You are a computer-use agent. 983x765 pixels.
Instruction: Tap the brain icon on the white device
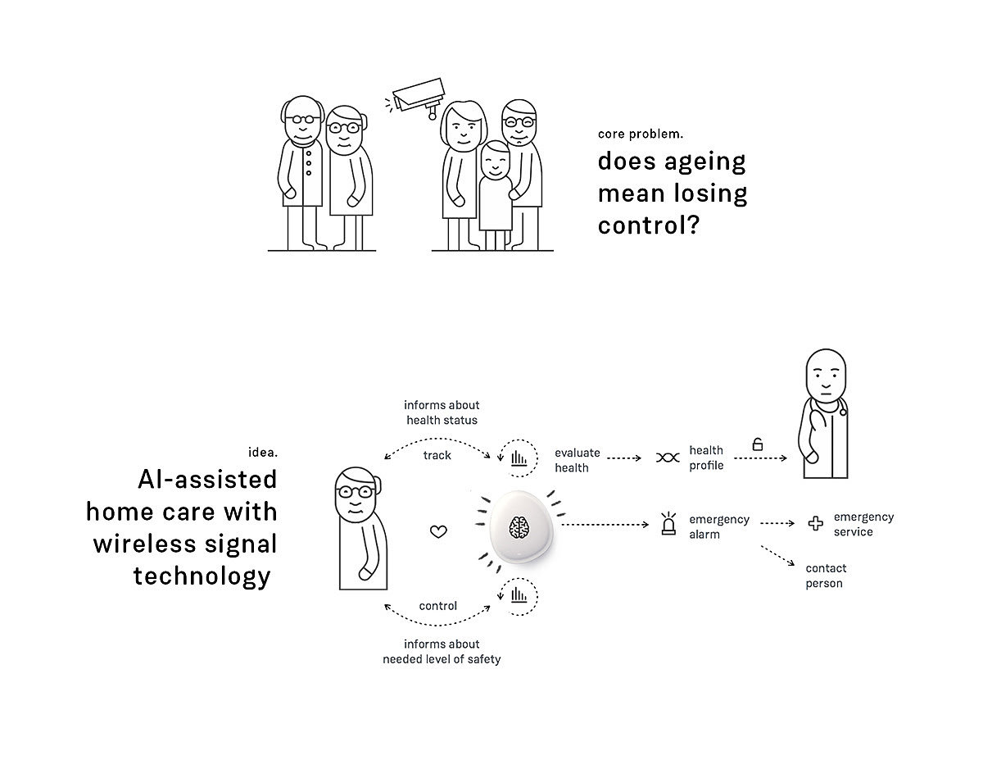coord(517,527)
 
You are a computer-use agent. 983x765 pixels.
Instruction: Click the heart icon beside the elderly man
coord(439,531)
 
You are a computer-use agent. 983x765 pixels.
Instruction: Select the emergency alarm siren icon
coord(668,526)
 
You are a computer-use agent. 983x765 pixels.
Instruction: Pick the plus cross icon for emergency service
coord(815,523)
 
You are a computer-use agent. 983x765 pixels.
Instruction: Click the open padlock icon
coord(758,444)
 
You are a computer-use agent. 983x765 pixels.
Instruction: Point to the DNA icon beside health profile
coord(668,458)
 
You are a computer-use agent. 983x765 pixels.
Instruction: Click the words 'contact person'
coord(826,576)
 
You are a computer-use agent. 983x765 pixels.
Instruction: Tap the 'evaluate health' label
coord(578,459)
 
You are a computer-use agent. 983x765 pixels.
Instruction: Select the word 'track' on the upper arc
coord(437,455)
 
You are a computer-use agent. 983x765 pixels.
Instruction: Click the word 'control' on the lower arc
coord(438,606)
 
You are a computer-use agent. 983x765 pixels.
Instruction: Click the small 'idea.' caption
coord(262,452)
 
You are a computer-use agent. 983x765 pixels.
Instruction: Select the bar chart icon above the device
coord(519,458)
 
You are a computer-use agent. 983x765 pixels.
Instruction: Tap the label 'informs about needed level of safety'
coord(442,651)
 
